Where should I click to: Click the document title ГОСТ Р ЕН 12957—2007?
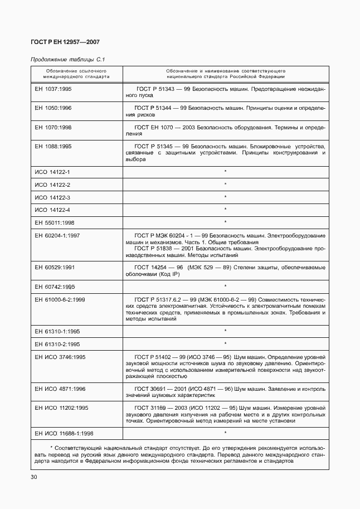65,42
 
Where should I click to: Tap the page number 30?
34,477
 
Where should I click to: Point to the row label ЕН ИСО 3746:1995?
61,356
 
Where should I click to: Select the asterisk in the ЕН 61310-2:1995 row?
225,343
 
